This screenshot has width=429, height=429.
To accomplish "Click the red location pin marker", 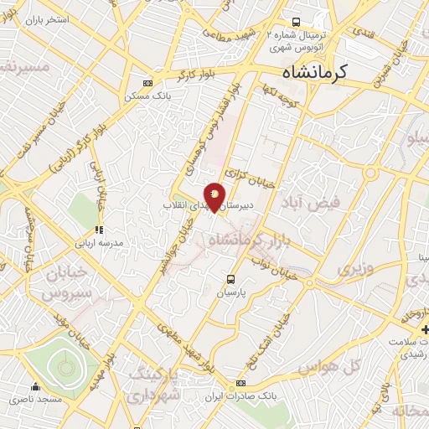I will [215, 197].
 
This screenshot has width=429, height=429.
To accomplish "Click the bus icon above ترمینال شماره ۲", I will [295, 23].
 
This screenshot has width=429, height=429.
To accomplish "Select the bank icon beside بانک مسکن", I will [148, 83].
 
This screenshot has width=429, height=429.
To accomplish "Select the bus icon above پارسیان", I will [230, 280].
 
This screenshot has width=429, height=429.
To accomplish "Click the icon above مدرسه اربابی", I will [99, 229].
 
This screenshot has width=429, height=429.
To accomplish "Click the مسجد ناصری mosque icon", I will [36, 387].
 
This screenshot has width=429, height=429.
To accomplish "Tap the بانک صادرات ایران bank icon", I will [240, 382].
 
